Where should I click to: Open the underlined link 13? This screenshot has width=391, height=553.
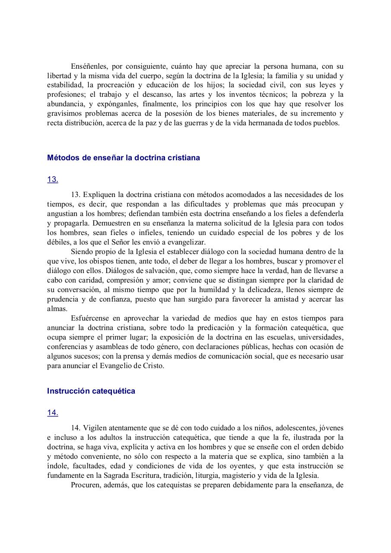point(53,179)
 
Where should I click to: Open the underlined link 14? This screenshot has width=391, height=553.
point(53,413)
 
